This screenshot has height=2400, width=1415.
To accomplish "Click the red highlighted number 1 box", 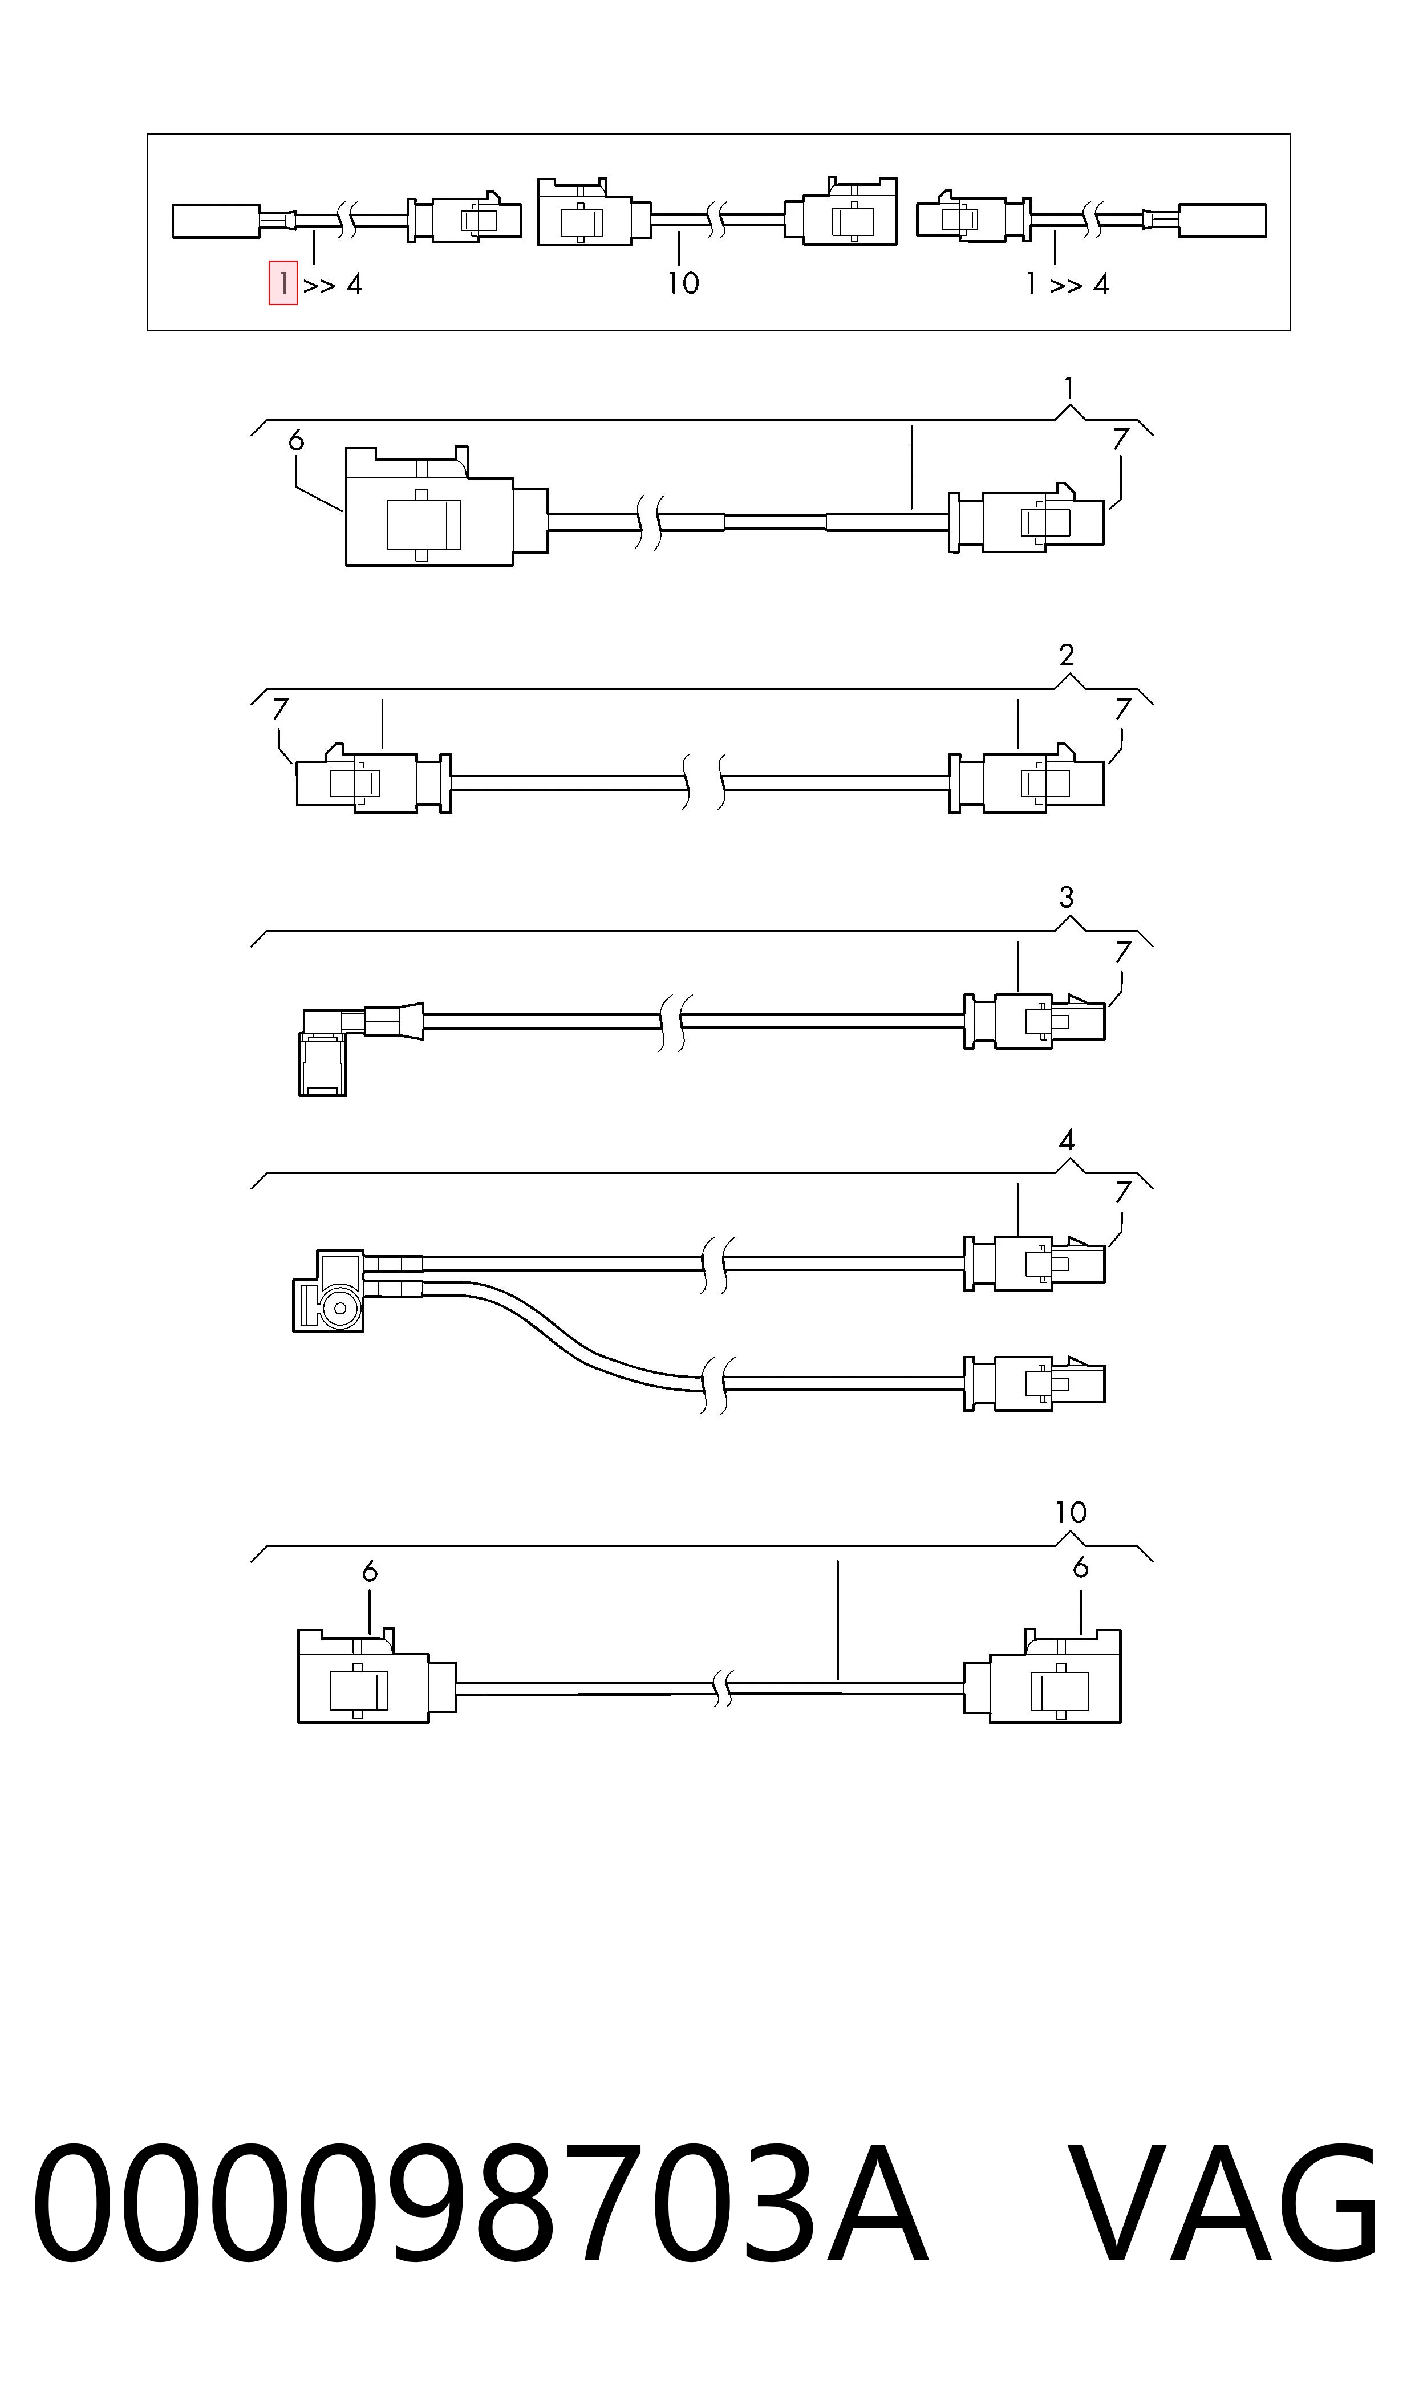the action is [x=283, y=283].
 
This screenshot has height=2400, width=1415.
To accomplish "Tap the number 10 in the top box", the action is [x=683, y=283].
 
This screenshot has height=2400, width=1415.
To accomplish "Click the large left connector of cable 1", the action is [x=446, y=506].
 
